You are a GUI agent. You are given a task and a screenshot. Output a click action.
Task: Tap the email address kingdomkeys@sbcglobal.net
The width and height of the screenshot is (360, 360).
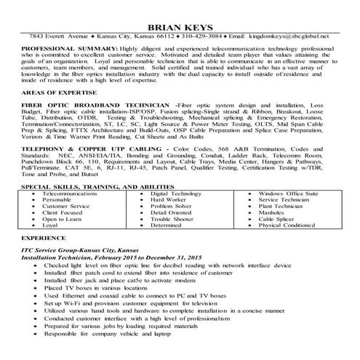(288, 35)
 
